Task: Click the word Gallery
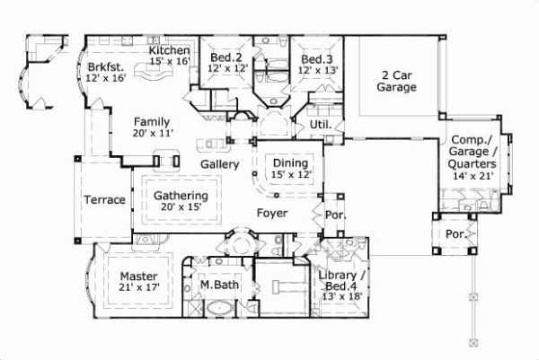pos(218,165)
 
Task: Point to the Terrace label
pos(104,200)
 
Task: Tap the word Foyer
pos(272,214)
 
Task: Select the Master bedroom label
pos(139,275)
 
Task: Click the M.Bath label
pos(217,285)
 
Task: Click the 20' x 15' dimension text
pos(181,207)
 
